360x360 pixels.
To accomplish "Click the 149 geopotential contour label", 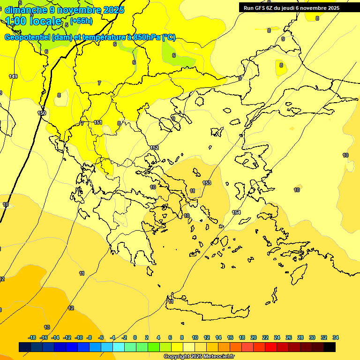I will coord(13,76).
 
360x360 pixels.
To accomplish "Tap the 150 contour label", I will coord(42,113).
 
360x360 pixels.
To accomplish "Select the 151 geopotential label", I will coord(98,122).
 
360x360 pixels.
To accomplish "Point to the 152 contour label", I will coord(154,148).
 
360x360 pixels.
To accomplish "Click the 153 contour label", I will coord(207,183).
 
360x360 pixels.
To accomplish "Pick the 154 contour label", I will coord(237,212).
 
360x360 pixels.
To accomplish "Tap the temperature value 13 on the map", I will coord(47,327).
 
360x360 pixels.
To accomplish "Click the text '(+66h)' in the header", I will coord(82,21).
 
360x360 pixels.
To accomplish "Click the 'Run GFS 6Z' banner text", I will coord(258,8).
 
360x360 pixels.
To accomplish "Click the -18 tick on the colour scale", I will coord(32,337).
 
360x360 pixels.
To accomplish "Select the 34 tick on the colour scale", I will coord(336,337).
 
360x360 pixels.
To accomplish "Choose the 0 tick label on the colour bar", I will coord(135,337).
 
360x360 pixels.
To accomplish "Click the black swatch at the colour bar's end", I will coord(330,347).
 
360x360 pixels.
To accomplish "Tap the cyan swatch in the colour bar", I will coord(119,347).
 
